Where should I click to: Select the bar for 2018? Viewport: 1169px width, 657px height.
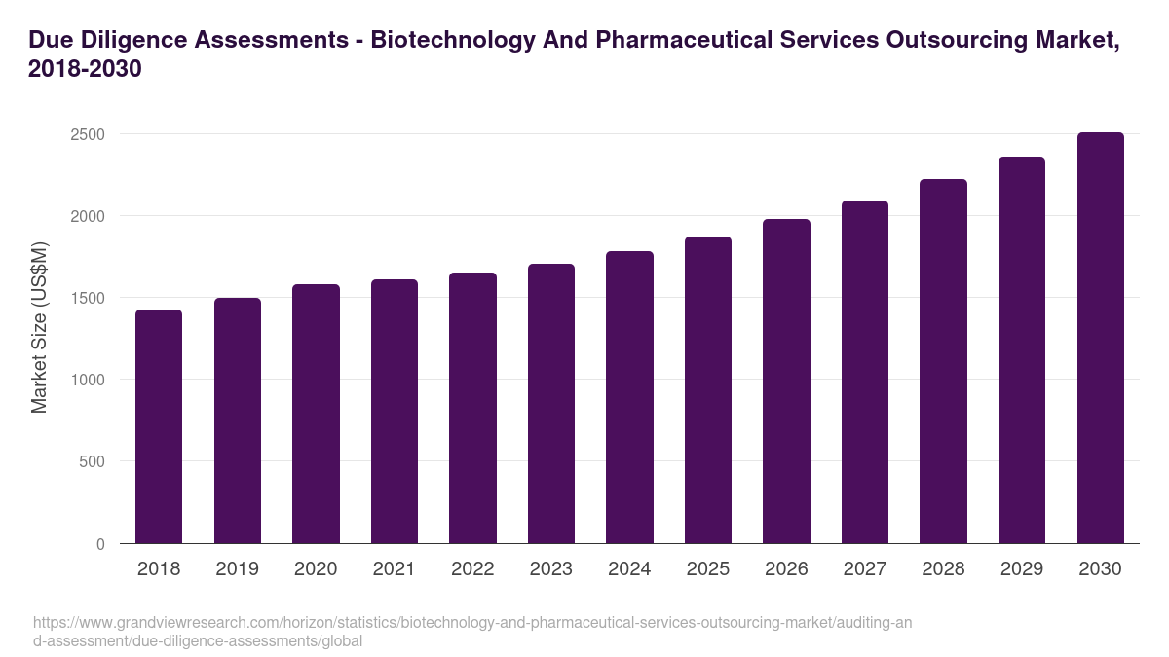[x=159, y=426]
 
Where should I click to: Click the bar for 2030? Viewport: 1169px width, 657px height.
[x=1100, y=338]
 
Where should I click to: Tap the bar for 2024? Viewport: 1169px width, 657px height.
[x=629, y=397]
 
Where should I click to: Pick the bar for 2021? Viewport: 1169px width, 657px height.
[x=395, y=411]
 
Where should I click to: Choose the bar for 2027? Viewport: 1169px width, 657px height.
[x=865, y=372]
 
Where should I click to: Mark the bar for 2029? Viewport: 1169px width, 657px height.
[x=1022, y=350]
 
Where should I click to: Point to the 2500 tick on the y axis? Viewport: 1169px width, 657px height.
[x=88, y=134]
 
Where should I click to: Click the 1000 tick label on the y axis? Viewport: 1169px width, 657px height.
[x=88, y=380]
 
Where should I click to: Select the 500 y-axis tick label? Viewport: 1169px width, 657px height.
[x=92, y=462]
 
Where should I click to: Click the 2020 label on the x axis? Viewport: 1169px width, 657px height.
[x=316, y=569]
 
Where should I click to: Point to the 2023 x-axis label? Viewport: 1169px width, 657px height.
[x=551, y=569]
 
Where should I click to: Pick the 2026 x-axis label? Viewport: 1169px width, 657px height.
[x=786, y=569]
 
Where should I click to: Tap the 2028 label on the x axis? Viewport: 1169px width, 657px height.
[x=943, y=569]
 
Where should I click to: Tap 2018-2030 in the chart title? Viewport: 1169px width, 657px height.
[x=86, y=69]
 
